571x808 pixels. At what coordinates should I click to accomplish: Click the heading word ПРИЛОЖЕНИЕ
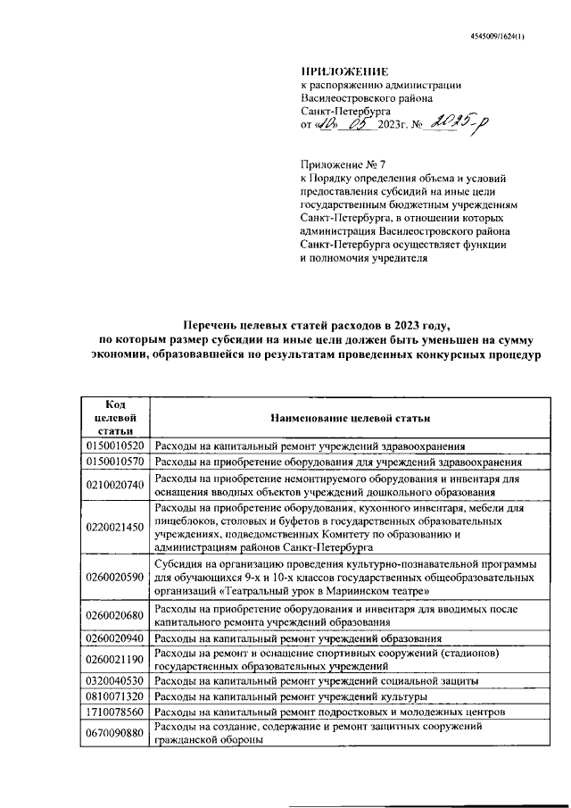click(344, 71)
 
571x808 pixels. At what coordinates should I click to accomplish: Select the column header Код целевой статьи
click(114, 417)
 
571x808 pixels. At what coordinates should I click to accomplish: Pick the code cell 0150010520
click(114, 445)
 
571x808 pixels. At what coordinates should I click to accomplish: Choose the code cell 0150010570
click(114, 462)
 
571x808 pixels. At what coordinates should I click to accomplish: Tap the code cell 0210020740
click(114, 485)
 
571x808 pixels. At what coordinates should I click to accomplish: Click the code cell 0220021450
click(114, 527)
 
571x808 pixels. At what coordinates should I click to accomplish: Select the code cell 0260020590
click(114, 577)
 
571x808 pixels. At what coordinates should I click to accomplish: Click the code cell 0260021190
click(114, 660)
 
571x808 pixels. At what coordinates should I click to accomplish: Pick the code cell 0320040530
click(114, 680)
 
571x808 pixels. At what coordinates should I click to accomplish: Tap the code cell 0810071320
click(114, 696)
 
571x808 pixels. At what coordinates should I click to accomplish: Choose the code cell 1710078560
click(114, 712)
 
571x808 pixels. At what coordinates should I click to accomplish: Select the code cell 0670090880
click(114, 734)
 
